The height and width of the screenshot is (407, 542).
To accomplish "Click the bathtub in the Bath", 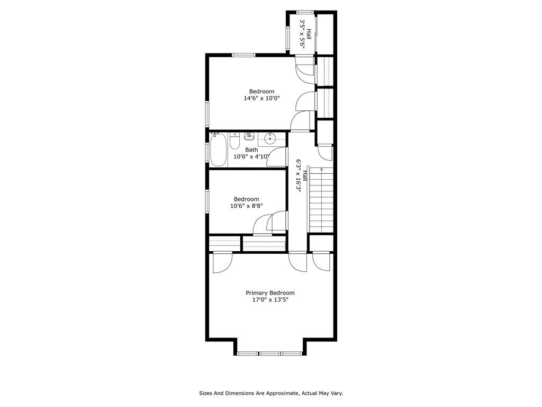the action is point(219,149).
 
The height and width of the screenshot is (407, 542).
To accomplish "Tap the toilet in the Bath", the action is point(234,140).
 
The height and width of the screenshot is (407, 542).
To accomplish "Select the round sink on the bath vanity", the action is point(269,139).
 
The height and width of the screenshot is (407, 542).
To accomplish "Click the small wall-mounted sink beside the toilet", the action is point(249,136).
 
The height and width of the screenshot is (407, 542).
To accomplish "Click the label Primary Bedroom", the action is point(270,293).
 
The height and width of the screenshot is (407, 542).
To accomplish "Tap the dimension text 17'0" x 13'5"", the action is point(270,300).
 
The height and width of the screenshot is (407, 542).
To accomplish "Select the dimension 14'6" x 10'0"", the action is point(261,98).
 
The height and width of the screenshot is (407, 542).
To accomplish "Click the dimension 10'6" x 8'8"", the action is point(247,206).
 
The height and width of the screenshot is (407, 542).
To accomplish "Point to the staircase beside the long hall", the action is point(321,200).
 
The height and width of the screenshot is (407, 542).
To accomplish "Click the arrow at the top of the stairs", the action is point(322,170).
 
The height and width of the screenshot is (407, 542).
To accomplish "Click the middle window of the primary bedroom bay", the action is point(270,353).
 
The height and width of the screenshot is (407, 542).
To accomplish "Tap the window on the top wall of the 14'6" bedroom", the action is point(243,55).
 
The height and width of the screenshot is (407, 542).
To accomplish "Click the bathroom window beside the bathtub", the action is point(207,153).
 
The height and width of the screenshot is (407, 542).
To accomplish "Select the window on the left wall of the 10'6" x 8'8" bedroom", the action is point(207,201).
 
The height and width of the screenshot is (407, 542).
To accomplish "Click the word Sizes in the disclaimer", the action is point(206,393).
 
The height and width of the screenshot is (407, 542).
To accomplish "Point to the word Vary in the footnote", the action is point(337,393).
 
